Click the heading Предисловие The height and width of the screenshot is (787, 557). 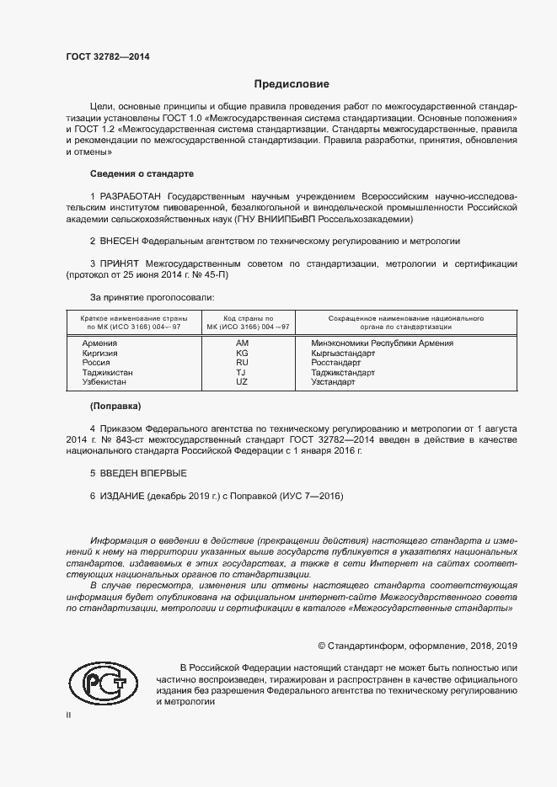292,84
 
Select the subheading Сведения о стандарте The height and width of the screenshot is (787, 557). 142,173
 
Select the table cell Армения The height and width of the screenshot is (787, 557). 99,343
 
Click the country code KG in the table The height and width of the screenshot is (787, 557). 243,354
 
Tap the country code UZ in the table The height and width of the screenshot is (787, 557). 243,382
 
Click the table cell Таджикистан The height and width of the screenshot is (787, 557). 107,372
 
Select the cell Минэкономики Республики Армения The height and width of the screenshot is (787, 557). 382,343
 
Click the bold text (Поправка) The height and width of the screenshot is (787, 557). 115,406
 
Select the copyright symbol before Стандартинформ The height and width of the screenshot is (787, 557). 321,646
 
